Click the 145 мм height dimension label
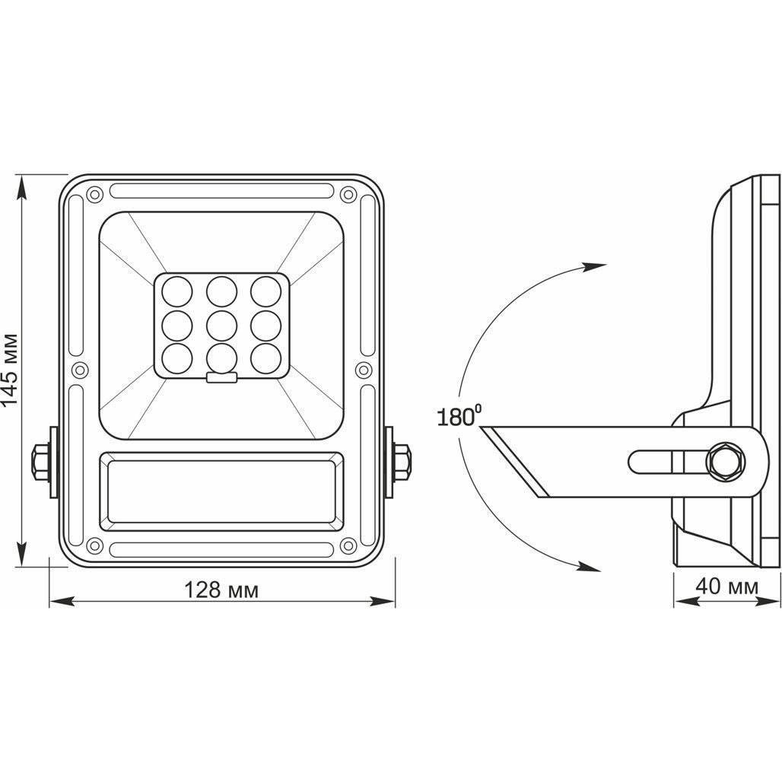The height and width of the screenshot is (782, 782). [x=11, y=368]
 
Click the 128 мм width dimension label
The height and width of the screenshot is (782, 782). [x=221, y=590]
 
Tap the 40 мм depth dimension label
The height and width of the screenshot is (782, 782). [x=727, y=586]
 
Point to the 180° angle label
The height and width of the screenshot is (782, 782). [x=459, y=416]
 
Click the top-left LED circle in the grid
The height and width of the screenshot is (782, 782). [x=177, y=291]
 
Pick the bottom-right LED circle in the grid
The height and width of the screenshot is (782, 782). [x=265, y=358]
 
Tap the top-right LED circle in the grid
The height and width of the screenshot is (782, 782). [x=265, y=291]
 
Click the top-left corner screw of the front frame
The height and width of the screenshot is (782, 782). [x=94, y=194]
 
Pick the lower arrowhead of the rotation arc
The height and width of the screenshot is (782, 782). [x=589, y=566]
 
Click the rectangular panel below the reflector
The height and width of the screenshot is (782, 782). [x=222, y=491]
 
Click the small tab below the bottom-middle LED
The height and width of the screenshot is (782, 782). [x=222, y=378]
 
